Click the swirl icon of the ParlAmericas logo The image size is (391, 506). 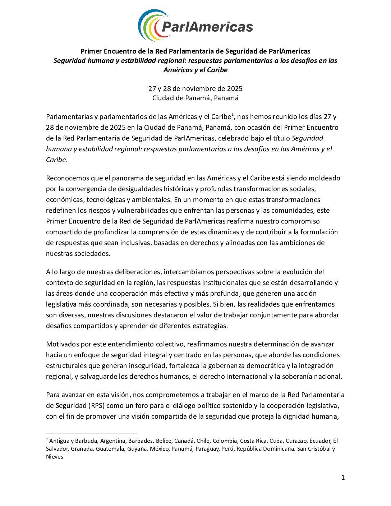point(151,25)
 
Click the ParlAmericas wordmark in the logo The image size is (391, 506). point(207,27)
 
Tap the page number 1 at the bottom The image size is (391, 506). point(343,478)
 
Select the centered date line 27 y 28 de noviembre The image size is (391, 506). point(195,88)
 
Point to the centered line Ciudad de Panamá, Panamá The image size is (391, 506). point(195,98)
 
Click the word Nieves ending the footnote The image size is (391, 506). point(55,457)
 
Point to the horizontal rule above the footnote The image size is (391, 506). point(92,433)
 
